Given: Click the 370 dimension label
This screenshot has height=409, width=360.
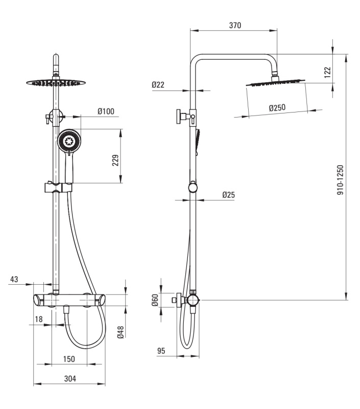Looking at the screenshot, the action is pyautogui.click(x=235, y=25).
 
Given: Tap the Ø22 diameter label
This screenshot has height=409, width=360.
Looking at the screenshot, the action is pyautogui.click(x=158, y=84).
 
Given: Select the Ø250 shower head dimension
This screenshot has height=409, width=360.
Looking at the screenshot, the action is pyautogui.click(x=277, y=107).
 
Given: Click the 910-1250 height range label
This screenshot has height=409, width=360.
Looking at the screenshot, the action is pyautogui.click(x=340, y=180).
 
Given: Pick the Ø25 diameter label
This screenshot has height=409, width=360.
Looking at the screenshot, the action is pyautogui.click(x=228, y=195).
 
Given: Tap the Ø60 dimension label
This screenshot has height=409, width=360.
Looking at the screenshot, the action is pyautogui.click(x=155, y=300).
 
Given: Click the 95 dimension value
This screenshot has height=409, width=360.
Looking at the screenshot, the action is pyautogui.click(x=161, y=351).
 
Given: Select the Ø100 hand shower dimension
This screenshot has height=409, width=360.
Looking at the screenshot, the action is pyautogui.click(x=106, y=111).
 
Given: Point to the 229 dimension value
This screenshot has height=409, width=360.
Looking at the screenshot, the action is pyautogui.click(x=115, y=160).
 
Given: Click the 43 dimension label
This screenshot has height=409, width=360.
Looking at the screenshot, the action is pyautogui.click(x=14, y=279).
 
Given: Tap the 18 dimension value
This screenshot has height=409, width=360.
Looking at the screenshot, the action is pyautogui.click(x=38, y=319).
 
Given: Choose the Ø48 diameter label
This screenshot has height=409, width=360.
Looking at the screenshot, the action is pyautogui.click(x=121, y=332).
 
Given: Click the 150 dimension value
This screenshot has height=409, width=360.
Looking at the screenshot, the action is pyautogui.click(x=69, y=359).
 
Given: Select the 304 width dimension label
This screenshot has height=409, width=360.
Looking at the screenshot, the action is pyautogui.click(x=70, y=378).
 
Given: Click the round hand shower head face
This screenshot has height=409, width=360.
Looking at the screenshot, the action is pyautogui.click(x=69, y=142).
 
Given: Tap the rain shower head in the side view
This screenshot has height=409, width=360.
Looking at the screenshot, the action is pyautogui.click(x=275, y=82).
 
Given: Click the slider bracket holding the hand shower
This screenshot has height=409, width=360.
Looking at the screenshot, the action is pyautogui.click(x=58, y=187).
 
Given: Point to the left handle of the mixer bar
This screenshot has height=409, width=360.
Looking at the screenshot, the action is pyautogui.click(x=39, y=300).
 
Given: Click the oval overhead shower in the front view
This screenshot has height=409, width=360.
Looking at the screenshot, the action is pyautogui.click(x=56, y=82).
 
